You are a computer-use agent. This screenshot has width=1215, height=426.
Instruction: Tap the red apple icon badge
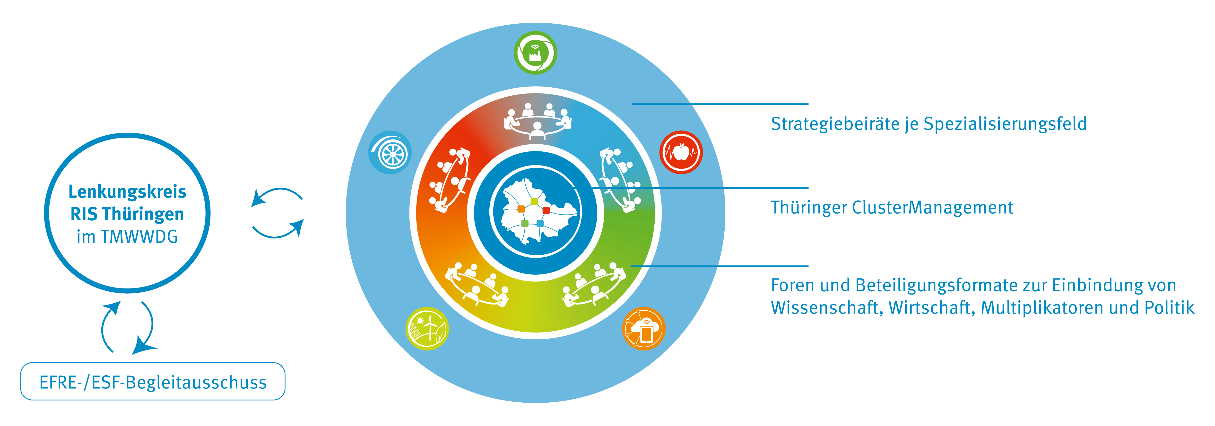(x=681, y=152)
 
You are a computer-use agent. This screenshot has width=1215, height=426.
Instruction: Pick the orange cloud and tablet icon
(x=644, y=328)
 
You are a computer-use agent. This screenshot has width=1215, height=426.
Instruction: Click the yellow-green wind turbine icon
(x=427, y=328)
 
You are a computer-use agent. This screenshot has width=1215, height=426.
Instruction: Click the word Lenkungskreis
(x=127, y=192)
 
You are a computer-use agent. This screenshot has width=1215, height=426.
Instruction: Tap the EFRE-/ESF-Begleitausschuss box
(x=153, y=382)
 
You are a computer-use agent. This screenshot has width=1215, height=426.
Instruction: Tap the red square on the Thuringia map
(x=546, y=210)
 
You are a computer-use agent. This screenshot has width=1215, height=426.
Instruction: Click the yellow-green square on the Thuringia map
(x=534, y=202)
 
